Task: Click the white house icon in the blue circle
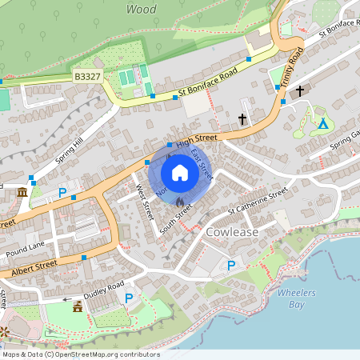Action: (180, 172)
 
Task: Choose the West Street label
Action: (144, 202)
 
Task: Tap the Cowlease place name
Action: (233, 231)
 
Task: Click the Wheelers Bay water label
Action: (292, 298)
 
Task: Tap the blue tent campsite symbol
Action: (323, 123)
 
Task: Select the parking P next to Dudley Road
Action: (129, 298)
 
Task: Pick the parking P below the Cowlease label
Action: (231, 265)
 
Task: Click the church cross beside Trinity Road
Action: (300, 91)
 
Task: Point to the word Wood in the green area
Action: (141, 10)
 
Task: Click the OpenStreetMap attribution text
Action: (80, 354)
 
